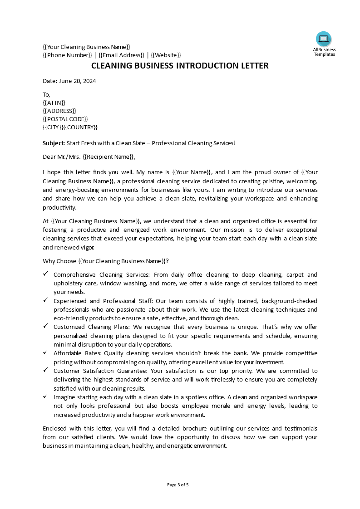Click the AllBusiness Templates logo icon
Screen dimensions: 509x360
tap(324, 39)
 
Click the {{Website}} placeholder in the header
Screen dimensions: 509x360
tap(166, 55)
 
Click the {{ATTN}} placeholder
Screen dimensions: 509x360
tap(54, 103)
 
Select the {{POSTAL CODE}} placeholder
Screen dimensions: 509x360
tap(65, 119)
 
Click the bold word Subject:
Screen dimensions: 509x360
tap(54, 143)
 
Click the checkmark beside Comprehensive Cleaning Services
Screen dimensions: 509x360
tap(45, 274)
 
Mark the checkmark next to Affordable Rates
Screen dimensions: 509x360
tap(45, 352)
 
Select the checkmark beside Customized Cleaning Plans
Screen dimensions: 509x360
tap(45, 326)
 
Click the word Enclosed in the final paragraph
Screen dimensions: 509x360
tap(55, 428)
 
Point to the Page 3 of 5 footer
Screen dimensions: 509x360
tap(178, 485)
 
